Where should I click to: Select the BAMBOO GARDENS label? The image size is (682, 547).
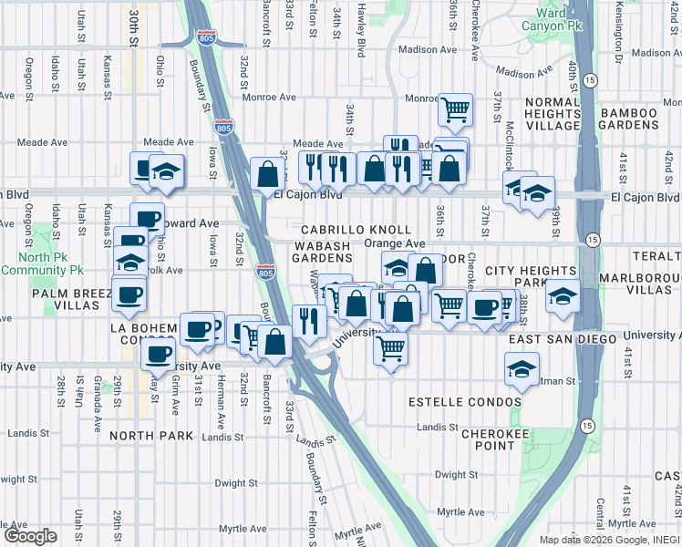(x=628, y=119)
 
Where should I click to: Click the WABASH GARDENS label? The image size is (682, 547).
(x=321, y=252)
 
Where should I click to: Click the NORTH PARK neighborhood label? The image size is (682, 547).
(x=151, y=436)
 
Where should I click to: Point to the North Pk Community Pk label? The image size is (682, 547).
(x=42, y=264)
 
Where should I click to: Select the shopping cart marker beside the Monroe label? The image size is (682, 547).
(x=455, y=109)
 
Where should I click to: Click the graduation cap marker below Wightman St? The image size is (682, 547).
(x=522, y=368)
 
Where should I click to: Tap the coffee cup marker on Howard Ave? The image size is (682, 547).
(x=147, y=219)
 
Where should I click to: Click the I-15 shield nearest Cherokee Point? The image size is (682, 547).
(x=587, y=425)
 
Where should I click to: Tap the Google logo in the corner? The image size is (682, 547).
(x=30, y=536)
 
